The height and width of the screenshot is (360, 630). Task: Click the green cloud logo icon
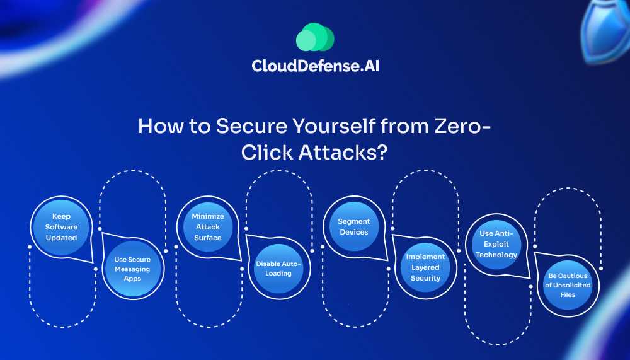pyautogui.click(x=314, y=37)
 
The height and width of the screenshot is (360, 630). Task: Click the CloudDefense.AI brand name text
pyautogui.click(x=314, y=66)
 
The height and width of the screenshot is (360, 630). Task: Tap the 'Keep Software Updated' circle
pyautogui.click(x=61, y=228)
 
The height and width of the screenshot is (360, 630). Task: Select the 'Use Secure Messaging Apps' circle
pyautogui.click(x=132, y=269)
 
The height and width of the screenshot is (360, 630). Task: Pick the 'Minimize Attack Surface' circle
pyautogui.click(x=207, y=227)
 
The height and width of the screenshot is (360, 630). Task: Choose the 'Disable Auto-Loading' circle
pyautogui.click(x=278, y=269)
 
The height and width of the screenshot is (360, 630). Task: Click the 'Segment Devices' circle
pyautogui.click(x=353, y=227)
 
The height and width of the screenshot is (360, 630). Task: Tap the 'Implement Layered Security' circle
pyautogui.click(x=425, y=267)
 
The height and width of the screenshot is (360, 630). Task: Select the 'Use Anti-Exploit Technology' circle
pyautogui.click(x=496, y=244)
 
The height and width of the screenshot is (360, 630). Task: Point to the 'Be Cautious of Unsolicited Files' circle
pyautogui.click(x=567, y=285)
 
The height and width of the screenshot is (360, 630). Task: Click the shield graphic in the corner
pyautogui.click(x=605, y=25)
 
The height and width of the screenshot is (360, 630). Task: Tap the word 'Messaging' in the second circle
pyautogui.click(x=132, y=269)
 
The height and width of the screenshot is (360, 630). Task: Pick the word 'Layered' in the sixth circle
pyautogui.click(x=425, y=267)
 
